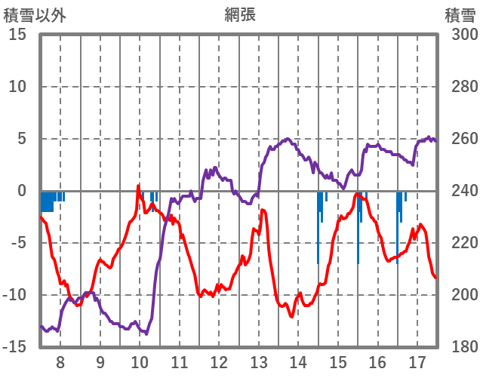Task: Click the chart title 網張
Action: point(239,14)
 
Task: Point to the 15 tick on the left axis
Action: point(17,35)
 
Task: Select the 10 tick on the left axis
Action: point(17,87)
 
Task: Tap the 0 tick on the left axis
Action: point(22,191)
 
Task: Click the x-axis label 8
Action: point(60,361)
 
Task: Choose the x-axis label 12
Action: point(219,361)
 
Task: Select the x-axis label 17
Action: point(417,361)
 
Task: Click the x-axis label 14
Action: point(298,361)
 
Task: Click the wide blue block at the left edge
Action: point(47,201)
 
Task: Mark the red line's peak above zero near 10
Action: point(139,185)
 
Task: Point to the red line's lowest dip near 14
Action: point(291,316)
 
